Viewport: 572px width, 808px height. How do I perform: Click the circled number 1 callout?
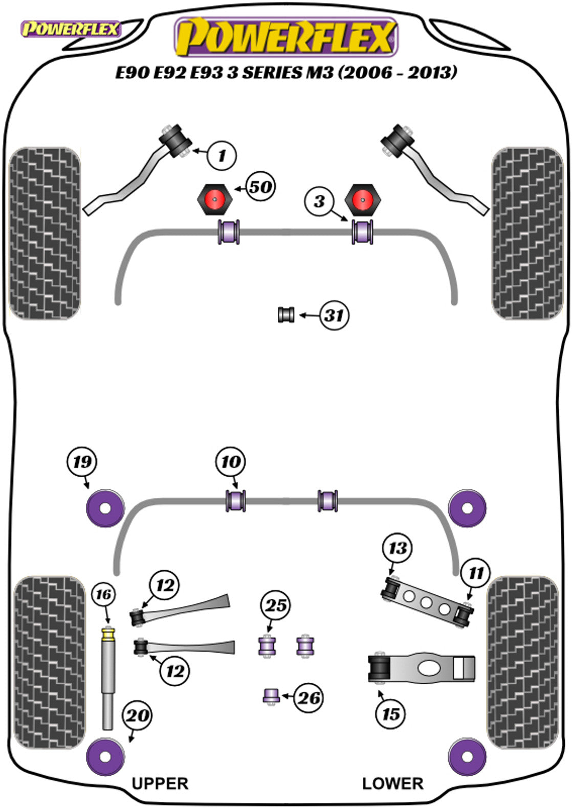pyautogui.click(x=222, y=154)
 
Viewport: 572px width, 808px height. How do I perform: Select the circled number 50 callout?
pyautogui.click(x=260, y=187)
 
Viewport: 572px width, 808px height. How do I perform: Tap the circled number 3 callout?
pyautogui.click(x=319, y=201)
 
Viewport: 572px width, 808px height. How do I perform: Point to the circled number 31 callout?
pyautogui.click(x=334, y=316)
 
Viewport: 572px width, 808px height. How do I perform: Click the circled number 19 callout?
pyautogui.click(x=82, y=462)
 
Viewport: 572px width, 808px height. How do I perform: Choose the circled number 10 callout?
pyautogui.click(x=231, y=462)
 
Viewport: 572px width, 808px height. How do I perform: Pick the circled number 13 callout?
pyautogui.click(x=398, y=549)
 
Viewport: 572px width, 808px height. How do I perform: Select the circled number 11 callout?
pyautogui.click(x=475, y=573)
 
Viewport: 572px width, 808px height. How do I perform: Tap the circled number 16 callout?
pyautogui.click(x=103, y=594)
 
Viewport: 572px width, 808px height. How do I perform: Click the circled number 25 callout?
pyautogui.click(x=276, y=605)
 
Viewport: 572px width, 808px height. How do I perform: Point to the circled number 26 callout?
pyautogui.click(x=309, y=698)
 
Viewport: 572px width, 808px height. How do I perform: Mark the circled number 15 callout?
pyautogui.click(x=390, y=713)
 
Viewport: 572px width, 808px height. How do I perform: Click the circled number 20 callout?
pyautogui.click(x=138, y=715)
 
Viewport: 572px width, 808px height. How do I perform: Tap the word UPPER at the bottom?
pyautogui.click(x=160, y=783)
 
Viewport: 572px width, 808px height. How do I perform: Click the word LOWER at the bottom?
pyautogui.click(x=392, y=783)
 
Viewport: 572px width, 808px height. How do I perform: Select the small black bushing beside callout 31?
pyautogui.click(x=287, y=315)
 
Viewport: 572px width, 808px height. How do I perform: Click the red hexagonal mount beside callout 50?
pyautogui.click(x=215, y=199)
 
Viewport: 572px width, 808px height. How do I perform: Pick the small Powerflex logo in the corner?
pyautogui.click(x=70, y=29)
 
